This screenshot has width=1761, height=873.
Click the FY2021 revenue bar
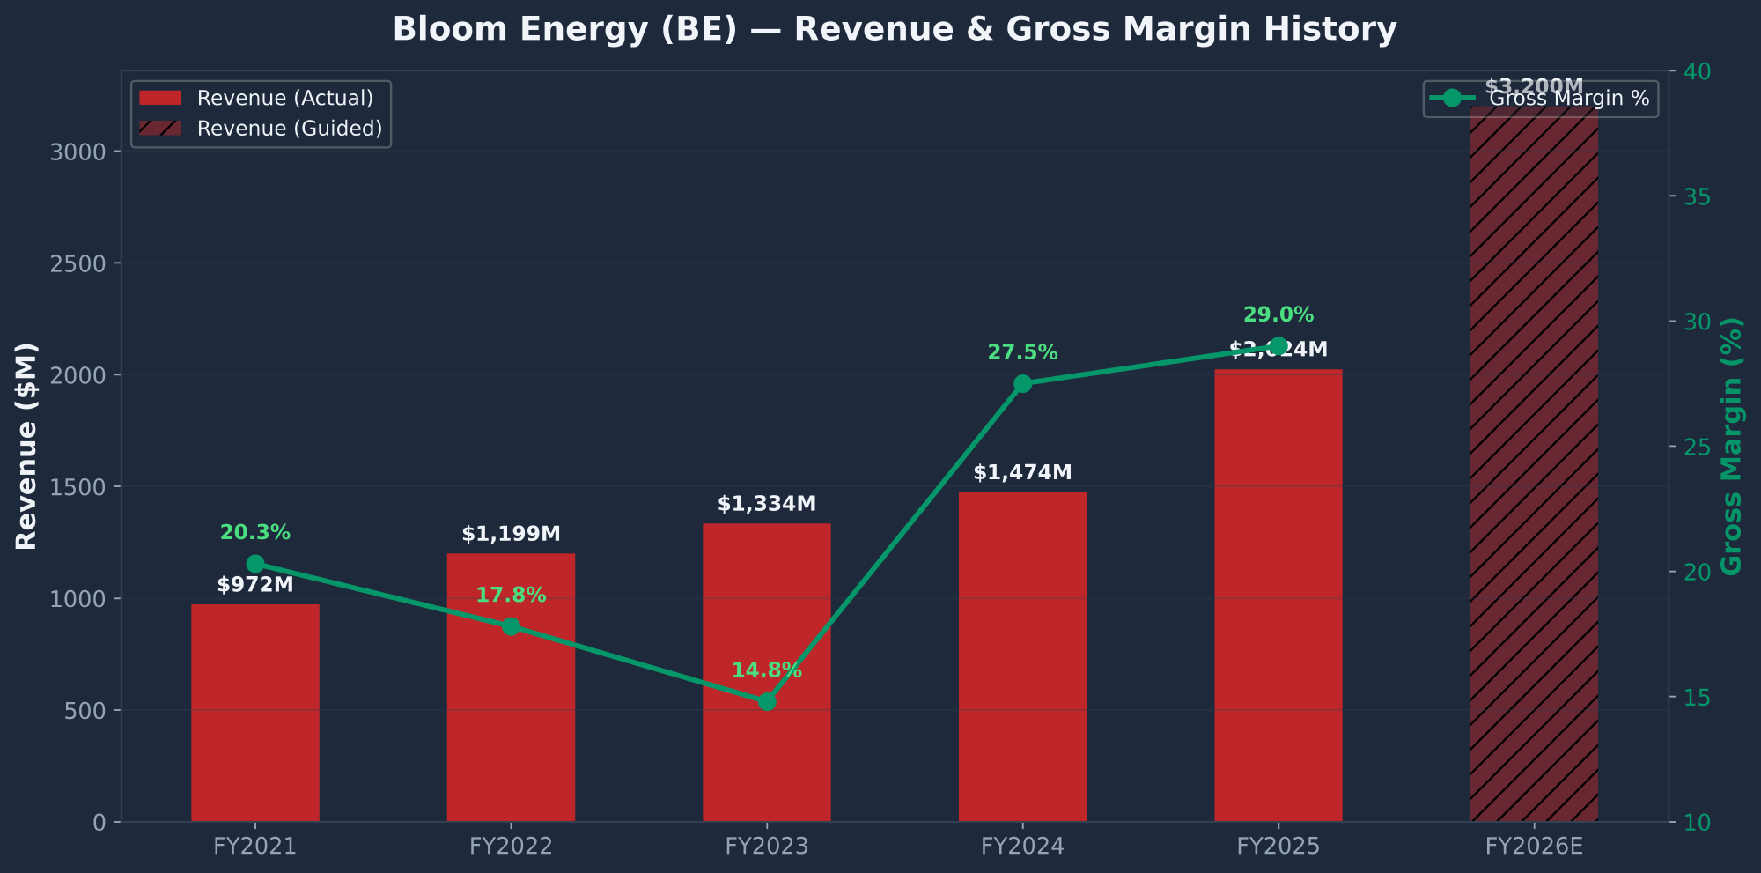coord(255,714)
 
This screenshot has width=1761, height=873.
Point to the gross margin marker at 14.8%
coord(767,701)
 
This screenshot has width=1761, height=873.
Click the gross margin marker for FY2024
coord(1022,383)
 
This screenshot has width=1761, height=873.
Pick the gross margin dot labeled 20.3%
coord(255,564)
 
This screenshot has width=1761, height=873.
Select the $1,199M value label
coord(511,534)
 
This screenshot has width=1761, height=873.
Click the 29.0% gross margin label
coord(1278,314)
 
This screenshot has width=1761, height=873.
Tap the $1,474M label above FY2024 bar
coord(1022,472)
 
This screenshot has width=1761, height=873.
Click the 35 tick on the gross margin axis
coord(1697,196)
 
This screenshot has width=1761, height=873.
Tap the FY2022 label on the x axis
coord(511,847)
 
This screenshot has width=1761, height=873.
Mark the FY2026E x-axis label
coord(1534,847)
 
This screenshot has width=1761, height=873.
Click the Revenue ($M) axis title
coord(26,446)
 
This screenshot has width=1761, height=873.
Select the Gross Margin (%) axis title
coord(1731,446)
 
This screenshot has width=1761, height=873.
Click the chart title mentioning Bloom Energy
coord(895,29)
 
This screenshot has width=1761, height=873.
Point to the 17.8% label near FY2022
coord(511,596)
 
